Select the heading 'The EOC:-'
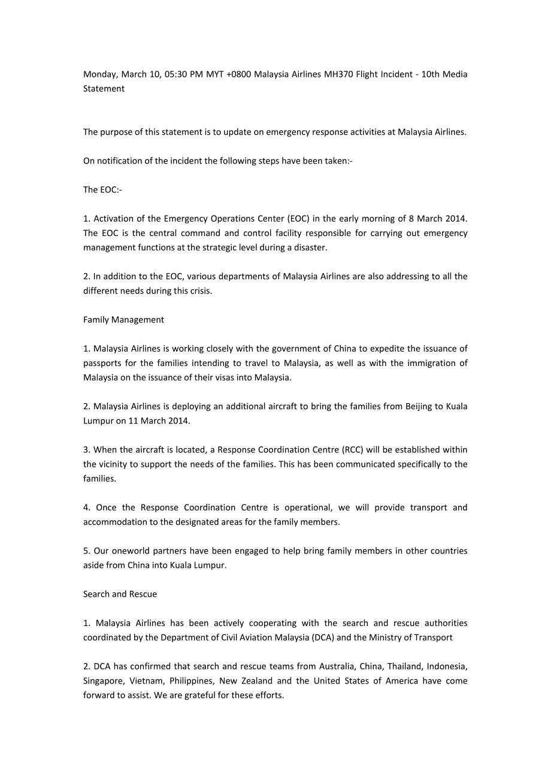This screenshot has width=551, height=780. [103, 190]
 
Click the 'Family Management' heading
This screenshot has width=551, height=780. [123, 320]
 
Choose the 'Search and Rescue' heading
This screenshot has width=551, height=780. [120, 594]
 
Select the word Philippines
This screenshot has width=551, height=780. [191, 681]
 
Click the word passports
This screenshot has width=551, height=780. [102, 363]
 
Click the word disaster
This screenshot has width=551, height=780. [310, 247]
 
